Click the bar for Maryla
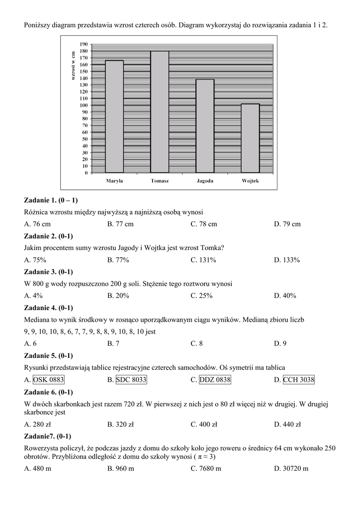[x=114, y=117]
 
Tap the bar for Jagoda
[x=205, y=126]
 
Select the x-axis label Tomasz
[x=160, y=181]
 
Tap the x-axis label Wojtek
[x=250, y=181]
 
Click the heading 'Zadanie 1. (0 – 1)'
[x=51, y=200]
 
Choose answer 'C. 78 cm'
[x=204, y=224]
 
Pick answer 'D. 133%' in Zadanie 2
[x=287, y=260]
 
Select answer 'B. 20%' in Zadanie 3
[x=118, y=296]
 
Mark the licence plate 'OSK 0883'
[x=49, y=380]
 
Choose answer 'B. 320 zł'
[x=121, y=424]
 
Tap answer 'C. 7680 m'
[x=206, y=469]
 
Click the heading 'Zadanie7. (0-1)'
[x=48, y=436]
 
